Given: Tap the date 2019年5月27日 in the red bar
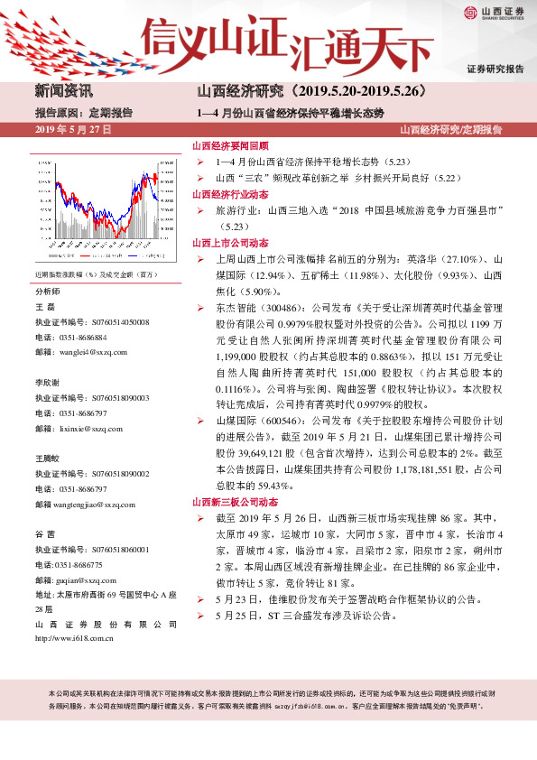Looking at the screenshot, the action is coord(73,130).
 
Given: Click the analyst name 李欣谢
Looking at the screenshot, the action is coord(48,383).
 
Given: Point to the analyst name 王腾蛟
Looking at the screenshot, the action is coord(48,458).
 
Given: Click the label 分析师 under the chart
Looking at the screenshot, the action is coord(48,292).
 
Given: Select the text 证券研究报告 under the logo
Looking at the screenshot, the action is coord(495,69).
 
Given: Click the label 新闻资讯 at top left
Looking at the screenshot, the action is coord(63,91).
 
